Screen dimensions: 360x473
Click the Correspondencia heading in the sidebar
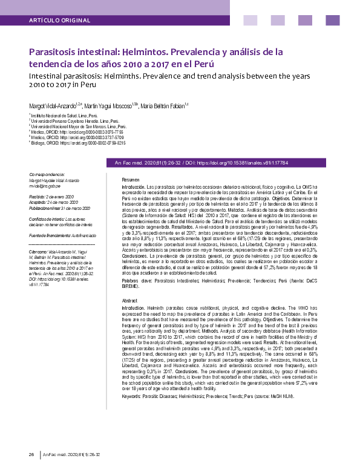point(47,174)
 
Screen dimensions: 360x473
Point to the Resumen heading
point(131,180)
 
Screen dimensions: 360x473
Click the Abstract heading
point(129,301)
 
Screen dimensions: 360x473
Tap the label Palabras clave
point(137,281)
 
